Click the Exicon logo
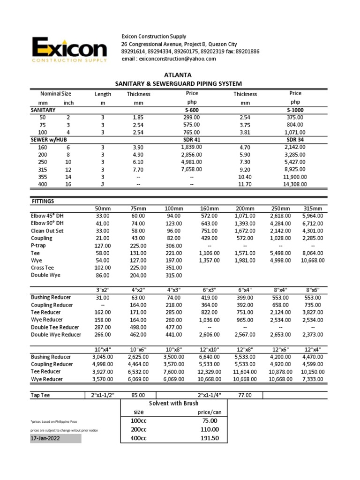69,49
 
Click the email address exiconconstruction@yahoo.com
169,59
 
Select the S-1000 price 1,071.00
295,133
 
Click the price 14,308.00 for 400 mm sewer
295,184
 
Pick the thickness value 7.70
138,169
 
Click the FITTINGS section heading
42,201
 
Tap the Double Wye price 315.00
173,275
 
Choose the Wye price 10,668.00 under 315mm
313,260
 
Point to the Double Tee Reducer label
55,327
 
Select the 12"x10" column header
209,350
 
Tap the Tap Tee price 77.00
245,395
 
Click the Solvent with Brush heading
173,403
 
